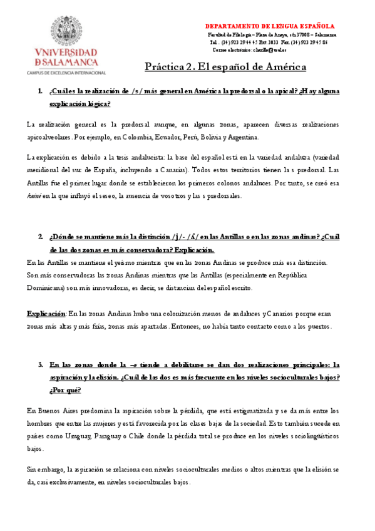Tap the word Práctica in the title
tap(164, 66)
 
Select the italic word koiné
tap(34, 195)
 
